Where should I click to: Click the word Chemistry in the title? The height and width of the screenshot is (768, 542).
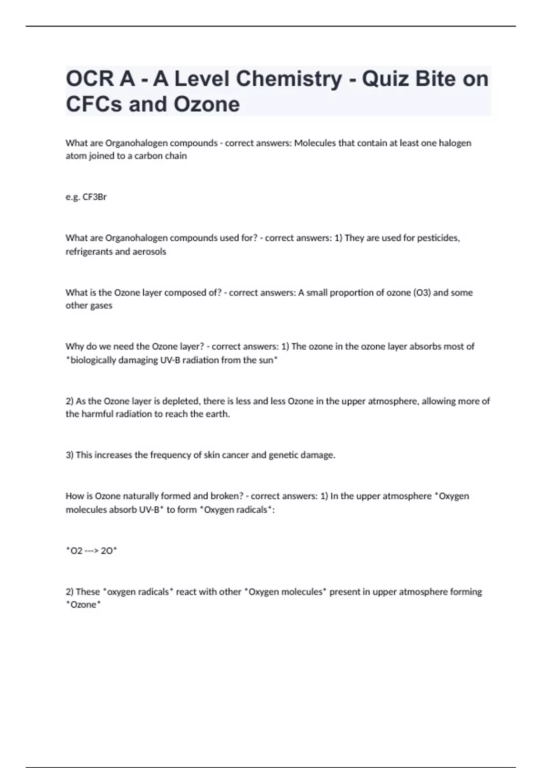[x=289, y=79]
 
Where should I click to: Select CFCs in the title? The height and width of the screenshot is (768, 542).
[x=94, y=104]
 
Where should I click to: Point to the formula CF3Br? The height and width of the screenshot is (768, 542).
[x=94, y=197]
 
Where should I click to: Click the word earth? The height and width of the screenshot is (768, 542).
[x=218, y=414]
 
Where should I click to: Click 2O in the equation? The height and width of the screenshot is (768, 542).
[x=107, y=551]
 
